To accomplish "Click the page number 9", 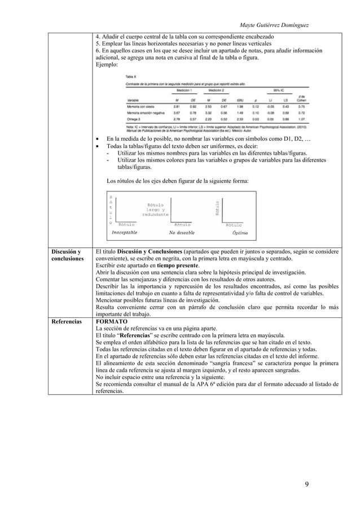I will (x=306, y=484).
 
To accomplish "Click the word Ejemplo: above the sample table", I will (x=108, y=64).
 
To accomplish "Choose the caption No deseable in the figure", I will (x=182, y=232).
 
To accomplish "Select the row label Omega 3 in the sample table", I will (x=135, y=119).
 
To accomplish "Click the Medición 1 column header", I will (x=183, y=90).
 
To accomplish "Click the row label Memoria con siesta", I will (x=143, y=106).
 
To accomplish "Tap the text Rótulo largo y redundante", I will (x=155, y=210).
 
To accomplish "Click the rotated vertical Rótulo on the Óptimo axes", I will (x=217, y=209).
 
